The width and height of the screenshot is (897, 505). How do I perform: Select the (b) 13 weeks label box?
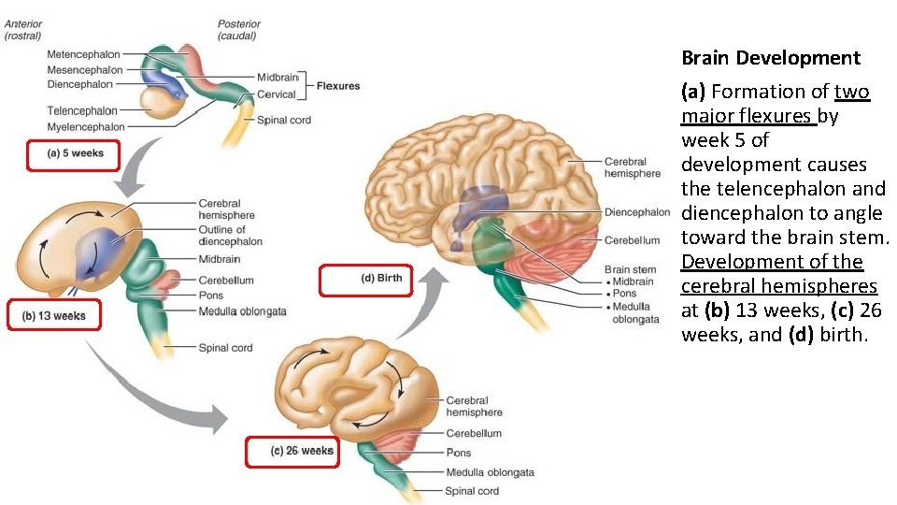click(x=53, y=315)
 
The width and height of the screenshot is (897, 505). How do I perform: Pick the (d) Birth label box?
click(x=365, y=279)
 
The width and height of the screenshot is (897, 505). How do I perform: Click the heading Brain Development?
click(x=770, y=58)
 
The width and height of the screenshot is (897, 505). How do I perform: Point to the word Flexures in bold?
click(x=338, y=86)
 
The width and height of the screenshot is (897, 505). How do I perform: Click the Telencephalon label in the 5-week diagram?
click(x=82, y=111)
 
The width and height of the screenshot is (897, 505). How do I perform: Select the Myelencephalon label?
click(x=85, y=126)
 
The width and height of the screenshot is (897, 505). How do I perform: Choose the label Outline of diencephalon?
click(x=229, y=236)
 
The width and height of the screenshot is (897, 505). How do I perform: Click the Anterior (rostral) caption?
click(x=23, y=30)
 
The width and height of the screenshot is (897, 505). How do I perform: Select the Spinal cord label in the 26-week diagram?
click(x=472, y=491)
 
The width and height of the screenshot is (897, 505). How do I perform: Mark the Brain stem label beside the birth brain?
click(x=630, y=269)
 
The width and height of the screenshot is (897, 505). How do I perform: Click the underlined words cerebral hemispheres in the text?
click(x=779, y=286)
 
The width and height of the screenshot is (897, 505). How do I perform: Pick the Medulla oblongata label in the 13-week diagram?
click(x=242, y=311)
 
